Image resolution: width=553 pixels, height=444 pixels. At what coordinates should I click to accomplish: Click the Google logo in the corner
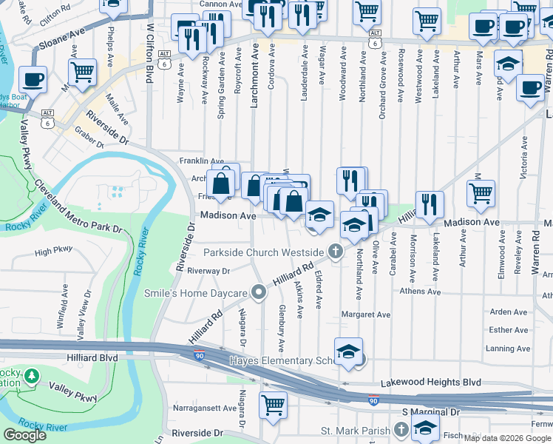click(x=24, y=435)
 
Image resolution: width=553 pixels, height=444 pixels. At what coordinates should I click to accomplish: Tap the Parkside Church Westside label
click(x=265, y=252)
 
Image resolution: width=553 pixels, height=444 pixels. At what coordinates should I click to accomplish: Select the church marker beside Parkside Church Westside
click(x=336, y=252)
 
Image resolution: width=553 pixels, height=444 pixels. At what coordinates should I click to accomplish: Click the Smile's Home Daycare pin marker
click(x=258, y=294)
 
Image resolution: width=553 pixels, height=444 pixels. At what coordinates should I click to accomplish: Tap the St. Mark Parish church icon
click(x=401, y=429)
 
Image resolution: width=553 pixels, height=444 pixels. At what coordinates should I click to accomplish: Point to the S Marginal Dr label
click(x=431, y=411)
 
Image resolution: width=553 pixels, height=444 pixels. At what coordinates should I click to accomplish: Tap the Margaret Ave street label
click(x=365, y=314)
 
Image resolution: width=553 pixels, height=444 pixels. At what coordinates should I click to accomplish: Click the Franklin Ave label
click(x=202, y=161)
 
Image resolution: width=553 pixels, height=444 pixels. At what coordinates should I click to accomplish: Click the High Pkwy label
click(x=54, y=252)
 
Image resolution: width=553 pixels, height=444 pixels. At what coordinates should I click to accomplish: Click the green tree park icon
click(x=31, y=377)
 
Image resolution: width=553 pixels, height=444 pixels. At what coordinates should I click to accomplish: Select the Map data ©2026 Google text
click(x=507, y=437)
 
